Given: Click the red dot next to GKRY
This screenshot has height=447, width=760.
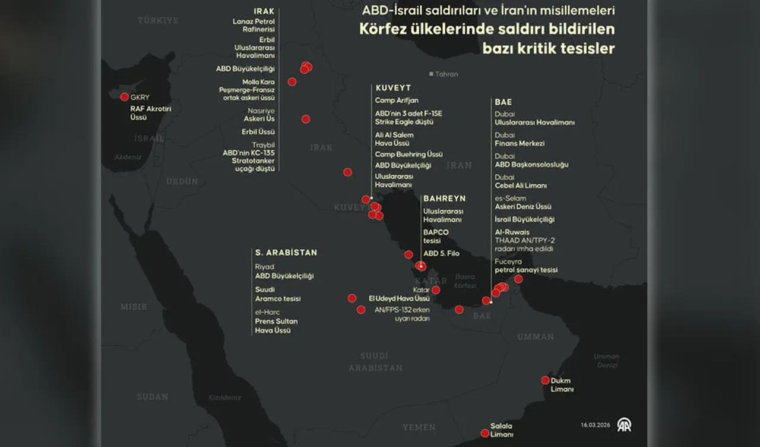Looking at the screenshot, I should point(124,97).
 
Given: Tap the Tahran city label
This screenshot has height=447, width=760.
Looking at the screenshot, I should point(446,74).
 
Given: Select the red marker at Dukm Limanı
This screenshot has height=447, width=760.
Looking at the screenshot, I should point(545,380).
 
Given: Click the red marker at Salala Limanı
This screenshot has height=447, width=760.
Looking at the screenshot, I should point(482,434).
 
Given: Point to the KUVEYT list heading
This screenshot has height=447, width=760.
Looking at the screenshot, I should point(392,88).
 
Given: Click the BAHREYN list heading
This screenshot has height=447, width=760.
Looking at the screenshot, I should point(444,199).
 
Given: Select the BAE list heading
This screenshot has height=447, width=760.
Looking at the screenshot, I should point(503,102).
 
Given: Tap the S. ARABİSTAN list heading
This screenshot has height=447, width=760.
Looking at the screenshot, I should point(286,253).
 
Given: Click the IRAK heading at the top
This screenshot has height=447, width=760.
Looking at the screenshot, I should point(264,11).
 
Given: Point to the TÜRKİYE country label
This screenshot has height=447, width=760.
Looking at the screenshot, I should point(158,20).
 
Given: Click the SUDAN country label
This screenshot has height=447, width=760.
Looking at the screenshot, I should point(153,396).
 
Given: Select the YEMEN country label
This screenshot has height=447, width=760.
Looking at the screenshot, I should point(419,427).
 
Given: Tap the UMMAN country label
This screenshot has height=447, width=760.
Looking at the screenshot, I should point(535,337).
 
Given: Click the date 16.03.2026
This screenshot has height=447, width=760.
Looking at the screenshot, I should point(596,425).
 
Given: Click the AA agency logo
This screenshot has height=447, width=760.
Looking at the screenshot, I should point(624,424).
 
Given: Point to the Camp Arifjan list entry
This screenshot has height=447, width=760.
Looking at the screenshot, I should point(397,100).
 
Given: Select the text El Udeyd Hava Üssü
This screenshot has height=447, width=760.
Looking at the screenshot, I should point(398,298).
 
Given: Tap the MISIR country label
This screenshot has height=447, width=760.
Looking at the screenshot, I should point(134,307).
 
